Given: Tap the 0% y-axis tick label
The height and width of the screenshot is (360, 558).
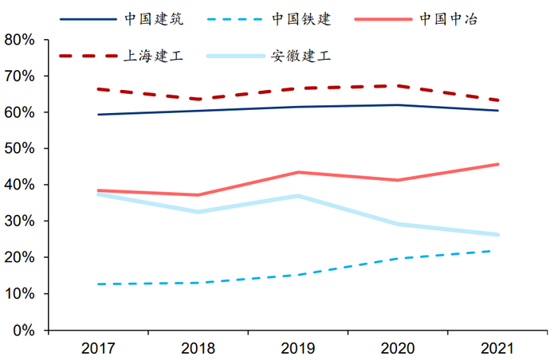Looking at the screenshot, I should pyautogui.click(x=24, y=330).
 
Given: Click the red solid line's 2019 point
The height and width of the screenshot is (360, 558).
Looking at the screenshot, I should pyautogui.click(x=297, y=172).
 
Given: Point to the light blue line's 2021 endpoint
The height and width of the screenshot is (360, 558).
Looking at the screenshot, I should pyautogui.click(x=497, y=235).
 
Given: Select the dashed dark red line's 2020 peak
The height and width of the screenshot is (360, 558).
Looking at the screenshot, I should pyautogui.click(x=398, y=86).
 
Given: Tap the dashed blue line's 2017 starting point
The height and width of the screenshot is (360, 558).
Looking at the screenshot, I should pyautogui.click(x=97, y=284).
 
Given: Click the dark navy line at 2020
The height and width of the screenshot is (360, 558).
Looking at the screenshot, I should pyautogui.click(x=398, y=105).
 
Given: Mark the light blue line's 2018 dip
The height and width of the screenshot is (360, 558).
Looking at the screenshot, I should pyautogui.click(x=198, y=212).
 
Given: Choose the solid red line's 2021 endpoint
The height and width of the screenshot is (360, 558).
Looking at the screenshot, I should pyautogui.click(x=497, y=164).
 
